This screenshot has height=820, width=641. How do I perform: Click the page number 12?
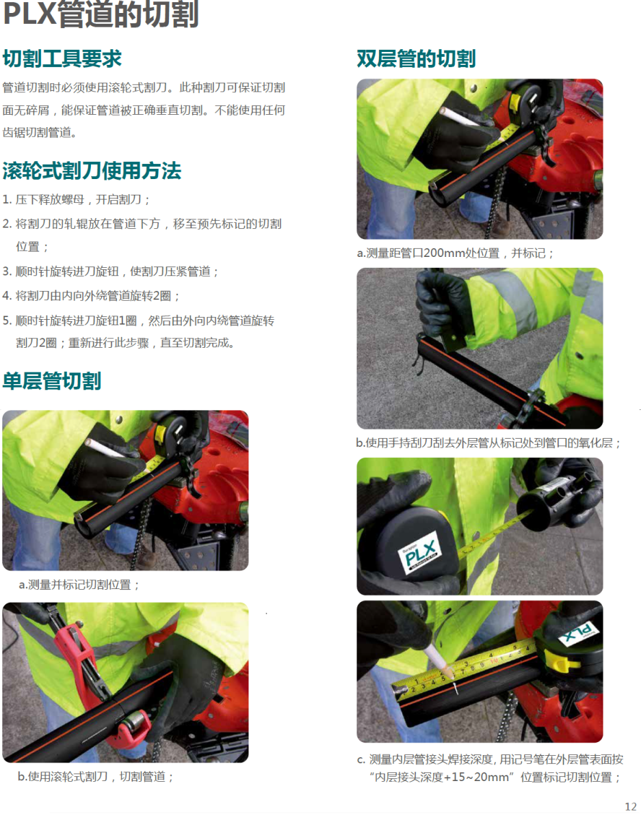coord(631,806)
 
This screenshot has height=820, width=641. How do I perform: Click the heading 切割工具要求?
coord(62,59)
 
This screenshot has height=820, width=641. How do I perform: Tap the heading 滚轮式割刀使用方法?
coord(92,171)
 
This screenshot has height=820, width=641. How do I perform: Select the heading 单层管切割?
coord(52,381)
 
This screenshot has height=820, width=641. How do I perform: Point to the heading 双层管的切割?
coord(416,59)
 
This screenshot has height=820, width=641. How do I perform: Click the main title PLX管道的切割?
coord(101,14)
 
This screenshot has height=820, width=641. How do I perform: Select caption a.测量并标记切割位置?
coord(79,586)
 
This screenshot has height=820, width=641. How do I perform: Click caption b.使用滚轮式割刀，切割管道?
coord(95,776)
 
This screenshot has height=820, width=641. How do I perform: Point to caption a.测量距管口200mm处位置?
coord(455,253)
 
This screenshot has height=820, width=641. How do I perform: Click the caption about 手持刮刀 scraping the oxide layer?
coord(488,443)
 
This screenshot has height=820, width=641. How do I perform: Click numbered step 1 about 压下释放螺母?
coord(76,200)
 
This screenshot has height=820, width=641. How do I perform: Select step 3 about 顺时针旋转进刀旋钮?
coord(111,271)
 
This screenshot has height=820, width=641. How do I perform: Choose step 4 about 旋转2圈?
coord(92,295)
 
